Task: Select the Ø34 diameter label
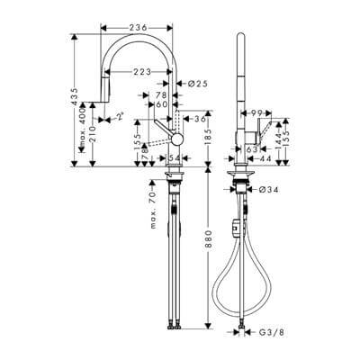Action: pos(265,189)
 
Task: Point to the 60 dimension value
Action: pos(164,104)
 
